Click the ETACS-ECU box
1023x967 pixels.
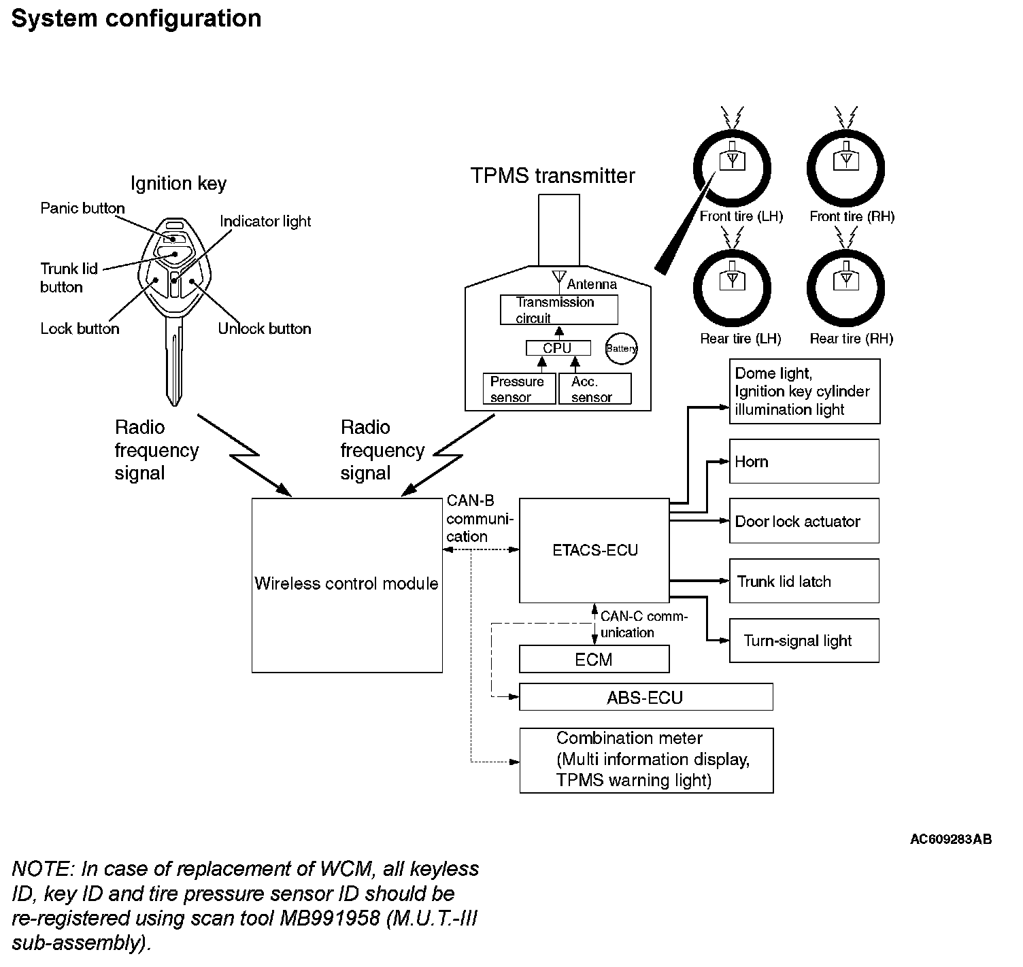[x=594, y=550]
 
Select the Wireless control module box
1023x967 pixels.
[x=347, y=585]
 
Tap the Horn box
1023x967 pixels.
[x=804, y=461]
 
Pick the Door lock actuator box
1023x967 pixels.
[x=804, y=521]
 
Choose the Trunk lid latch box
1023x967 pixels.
[x=804, y=581]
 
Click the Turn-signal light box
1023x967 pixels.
[x=804, y=641]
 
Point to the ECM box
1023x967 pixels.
[x=594, y=659]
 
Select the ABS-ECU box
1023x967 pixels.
[x=645, y=698]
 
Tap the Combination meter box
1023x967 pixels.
[x=646, y=760]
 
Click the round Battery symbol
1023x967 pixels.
[x=621, y=348]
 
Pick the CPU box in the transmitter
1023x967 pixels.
[x=558, y=348]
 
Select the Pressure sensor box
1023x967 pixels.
[x=519, y=389]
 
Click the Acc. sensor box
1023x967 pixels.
[x=594, y=389]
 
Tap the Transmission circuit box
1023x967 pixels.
[x=558, y=309]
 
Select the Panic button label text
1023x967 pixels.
[x=82, y=208]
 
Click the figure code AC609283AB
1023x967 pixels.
[x=950, y=839]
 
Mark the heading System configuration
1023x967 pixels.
[x=137, y=18]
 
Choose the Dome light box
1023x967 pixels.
[x=804, y=392]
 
